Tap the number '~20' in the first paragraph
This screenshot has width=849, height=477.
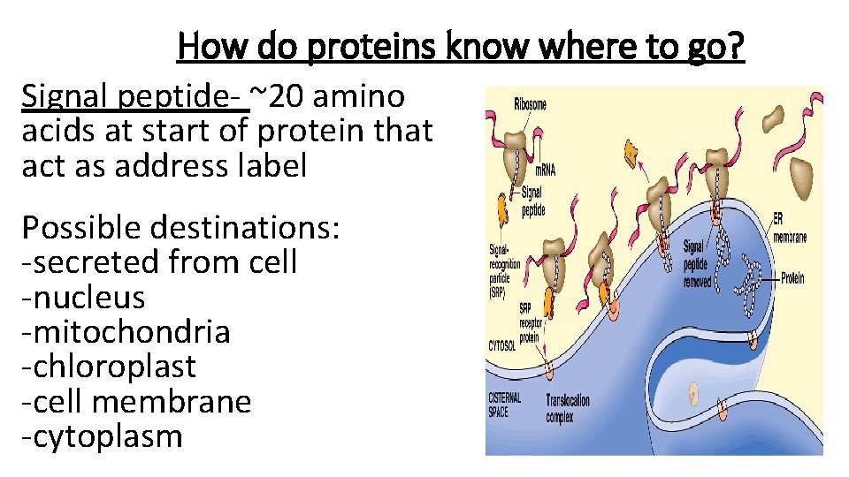tap(281, 95)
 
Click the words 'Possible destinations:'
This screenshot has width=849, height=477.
tap(180, 227)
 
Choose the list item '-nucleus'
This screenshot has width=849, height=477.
tap(83, 297)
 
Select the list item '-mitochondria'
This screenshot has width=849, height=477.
tap(126, 331)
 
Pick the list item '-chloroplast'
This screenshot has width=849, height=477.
tap(109, 367)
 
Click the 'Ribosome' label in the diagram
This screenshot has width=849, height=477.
tap(530, 104)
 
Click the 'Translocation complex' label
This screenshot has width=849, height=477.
tap(568, 407)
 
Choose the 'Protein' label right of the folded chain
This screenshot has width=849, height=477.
tap(792, 278)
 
